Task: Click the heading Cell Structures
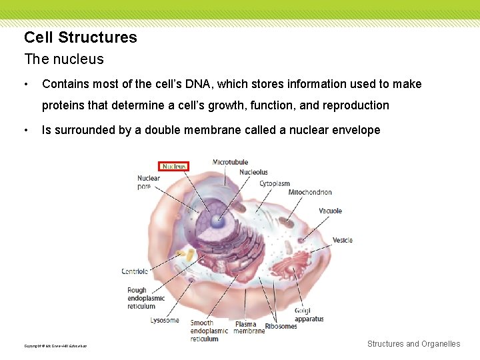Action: pos(81,37)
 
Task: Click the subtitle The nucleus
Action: pos(64,59)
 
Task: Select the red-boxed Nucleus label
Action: pos(174,166)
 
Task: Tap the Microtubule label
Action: pos(230,162)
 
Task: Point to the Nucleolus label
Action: pos(253,172)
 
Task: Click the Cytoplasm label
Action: pos(275,183)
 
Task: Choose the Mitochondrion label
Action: pos(310,193)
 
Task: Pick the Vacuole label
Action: pos(330,211)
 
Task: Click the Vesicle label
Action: pos(342,240)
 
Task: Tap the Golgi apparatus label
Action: pos(309,314)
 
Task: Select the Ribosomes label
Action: pos(281,326)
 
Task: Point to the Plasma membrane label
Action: pos(249,327)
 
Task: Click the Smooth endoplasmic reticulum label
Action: pos(209,331)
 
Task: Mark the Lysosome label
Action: pos(164,320)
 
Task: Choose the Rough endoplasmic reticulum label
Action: pos(146,298)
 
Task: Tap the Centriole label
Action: pos(135,271)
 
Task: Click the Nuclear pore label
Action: pos(149,182)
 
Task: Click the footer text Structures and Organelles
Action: pos(413,344)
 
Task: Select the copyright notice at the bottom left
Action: pos(55,346)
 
